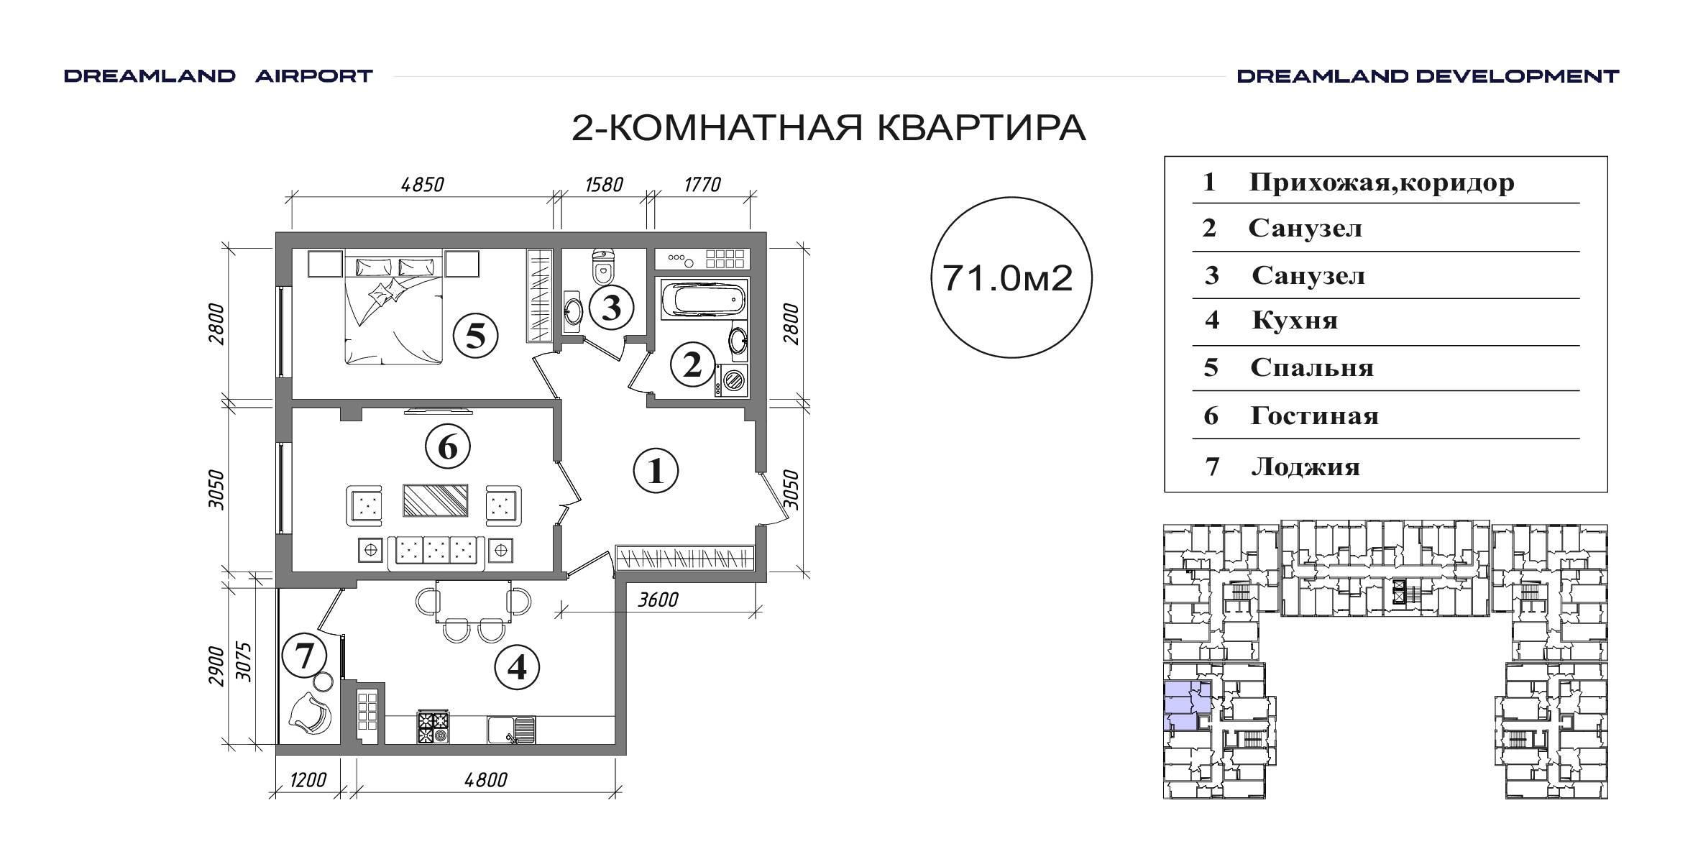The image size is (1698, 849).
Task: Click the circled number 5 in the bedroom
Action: tap(475, 336)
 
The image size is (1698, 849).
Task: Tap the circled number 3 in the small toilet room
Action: tap(611, 308)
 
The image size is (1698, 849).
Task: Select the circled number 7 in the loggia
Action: tap(305, 656)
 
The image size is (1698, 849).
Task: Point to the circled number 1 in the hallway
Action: tap(656, 472)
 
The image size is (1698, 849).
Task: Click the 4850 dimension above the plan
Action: tap(423, 185)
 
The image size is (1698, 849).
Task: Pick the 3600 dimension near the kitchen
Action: tap(658, 600)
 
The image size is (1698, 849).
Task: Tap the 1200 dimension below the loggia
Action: tap(308, 780)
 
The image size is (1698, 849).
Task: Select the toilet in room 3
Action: tap(602, 266)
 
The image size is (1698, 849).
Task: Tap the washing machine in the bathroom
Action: tap(732, 380)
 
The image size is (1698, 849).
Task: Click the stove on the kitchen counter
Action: tap(433, 727)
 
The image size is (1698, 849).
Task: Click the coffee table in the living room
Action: tap(436, 500)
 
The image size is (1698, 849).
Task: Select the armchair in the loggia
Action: tap(309, 712)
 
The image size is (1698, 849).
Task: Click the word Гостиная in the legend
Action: tap(1314, 416)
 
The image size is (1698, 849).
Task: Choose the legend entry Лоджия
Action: tap(1305, 467)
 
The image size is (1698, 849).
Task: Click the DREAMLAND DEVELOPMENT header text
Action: tap(1428, 76)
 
